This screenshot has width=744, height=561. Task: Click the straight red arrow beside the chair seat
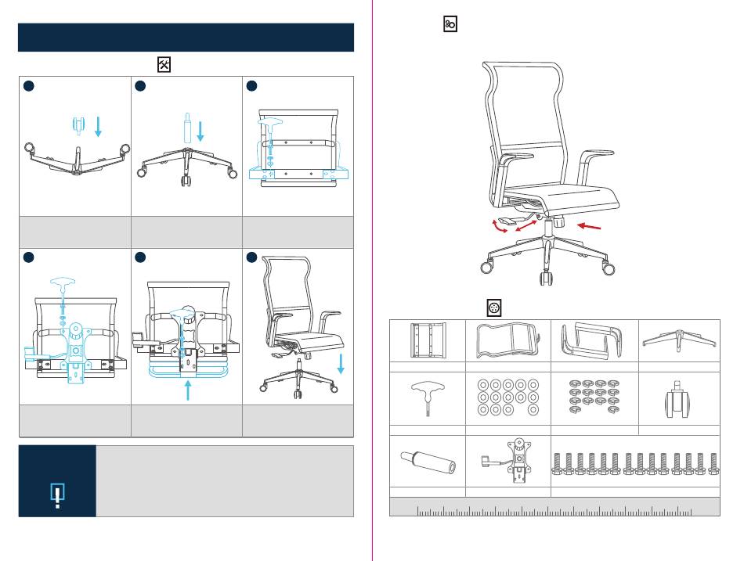coord(590,227)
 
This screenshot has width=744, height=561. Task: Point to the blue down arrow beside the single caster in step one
coord(98,125)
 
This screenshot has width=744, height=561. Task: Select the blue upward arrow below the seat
coord(188,389)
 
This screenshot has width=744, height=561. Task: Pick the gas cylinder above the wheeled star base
coord(188,126)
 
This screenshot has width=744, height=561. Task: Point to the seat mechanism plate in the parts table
coord(508,462)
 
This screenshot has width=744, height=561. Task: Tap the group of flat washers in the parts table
coord(508,397)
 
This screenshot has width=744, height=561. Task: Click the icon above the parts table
coord(494,307)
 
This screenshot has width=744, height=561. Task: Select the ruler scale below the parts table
coord(554,512)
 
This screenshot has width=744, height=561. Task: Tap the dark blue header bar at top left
coord(186,38)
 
